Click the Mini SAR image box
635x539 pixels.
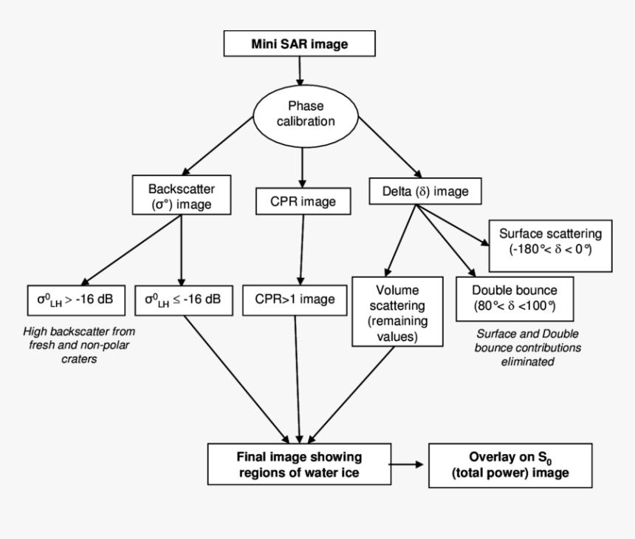click(x=299, y=44)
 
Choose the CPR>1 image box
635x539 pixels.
click(x=300, y=299)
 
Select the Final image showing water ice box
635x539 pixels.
click(x=298, y=464)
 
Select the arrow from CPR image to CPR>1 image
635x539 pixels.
click(x=301, y=248)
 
